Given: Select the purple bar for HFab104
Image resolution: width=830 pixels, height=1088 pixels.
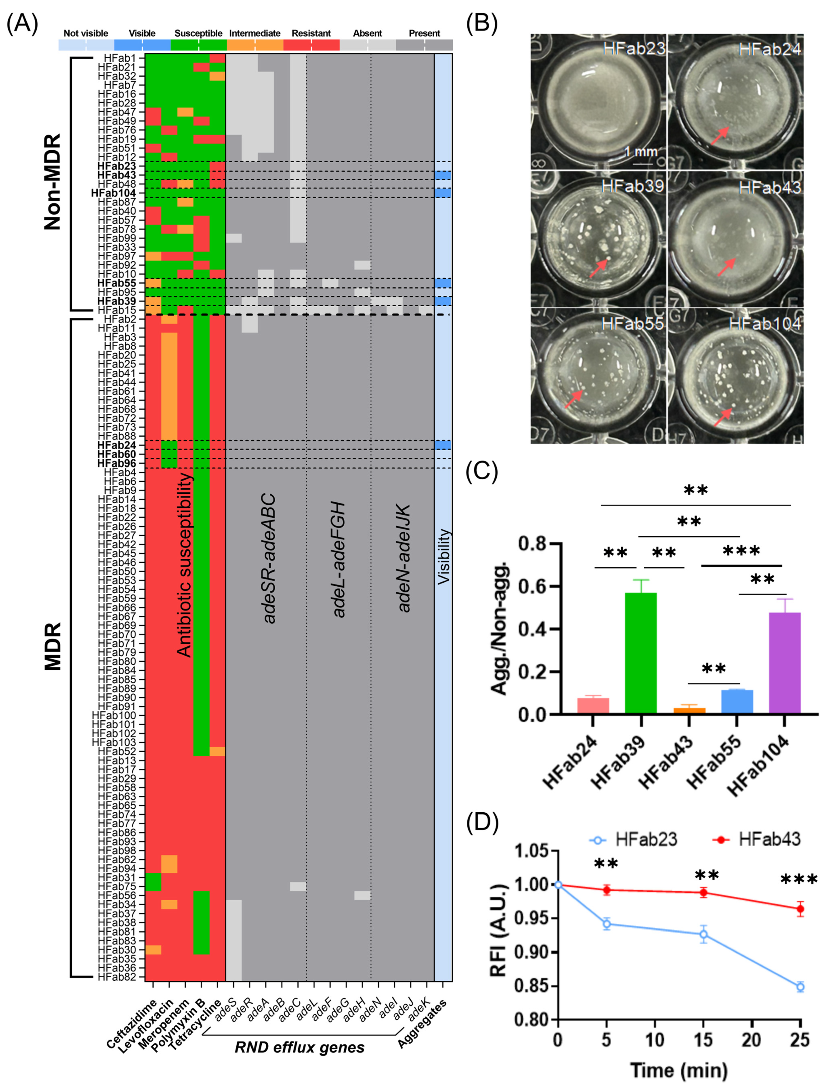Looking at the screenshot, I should point(785,662).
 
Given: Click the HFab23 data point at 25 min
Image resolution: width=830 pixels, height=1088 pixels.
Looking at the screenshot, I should point(800,987).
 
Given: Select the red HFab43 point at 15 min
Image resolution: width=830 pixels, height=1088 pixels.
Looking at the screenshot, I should point(703,892).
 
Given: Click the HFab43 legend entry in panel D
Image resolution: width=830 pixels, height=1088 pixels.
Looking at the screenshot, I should point(769,839).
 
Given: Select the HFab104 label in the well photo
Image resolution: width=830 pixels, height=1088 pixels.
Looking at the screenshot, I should point(764,324).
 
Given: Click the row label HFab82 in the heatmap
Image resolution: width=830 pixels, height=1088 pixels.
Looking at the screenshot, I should point(116,977).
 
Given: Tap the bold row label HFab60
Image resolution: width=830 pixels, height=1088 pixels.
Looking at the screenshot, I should point(116,454).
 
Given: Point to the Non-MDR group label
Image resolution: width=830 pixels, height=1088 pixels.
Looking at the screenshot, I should point(52,182).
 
